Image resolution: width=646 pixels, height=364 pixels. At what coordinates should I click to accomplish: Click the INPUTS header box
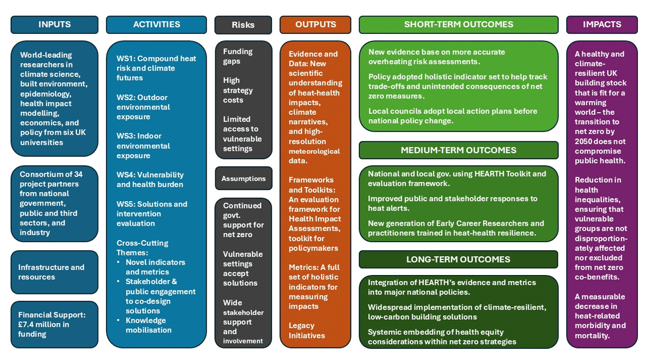pyautogui.click(x=54, y=25)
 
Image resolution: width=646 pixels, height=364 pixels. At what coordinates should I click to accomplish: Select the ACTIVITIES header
pyautogui.click(x=156, y=25)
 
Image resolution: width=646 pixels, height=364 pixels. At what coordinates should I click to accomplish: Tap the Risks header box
pyautogui.click(x=243, y=25)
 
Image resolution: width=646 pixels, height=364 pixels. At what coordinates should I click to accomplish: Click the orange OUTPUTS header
pyautogui.click(x=315, y=25)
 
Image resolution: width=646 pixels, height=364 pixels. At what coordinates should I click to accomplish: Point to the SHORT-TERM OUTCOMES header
pyautogui.click(x=459, y=25)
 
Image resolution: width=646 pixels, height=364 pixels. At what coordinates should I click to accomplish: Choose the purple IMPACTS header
pyautogui.click(x=602, y=25)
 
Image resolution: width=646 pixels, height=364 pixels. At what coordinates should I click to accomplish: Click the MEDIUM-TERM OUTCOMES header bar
pyautogui.click(x=459, y=150)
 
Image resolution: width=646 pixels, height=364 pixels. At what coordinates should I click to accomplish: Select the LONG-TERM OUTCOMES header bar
pyautogui.click(x=459, y=259)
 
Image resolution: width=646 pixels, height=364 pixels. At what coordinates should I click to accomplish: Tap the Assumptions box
pyautogui.click(x=243, y=178)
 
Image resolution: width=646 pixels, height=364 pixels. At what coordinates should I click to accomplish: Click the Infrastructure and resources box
pyautogui.click(x=54, y=272)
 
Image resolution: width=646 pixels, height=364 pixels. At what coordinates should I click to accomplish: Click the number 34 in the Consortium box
pyautogui.click(x=78, y=174)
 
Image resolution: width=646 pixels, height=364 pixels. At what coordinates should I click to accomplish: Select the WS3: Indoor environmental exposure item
pyautogui.click(x=143, y=146)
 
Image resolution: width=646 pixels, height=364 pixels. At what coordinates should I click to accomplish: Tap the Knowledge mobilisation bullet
pyautogui.click(x=148, y=325)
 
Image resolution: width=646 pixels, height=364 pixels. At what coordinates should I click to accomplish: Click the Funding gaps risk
pyautogui.click(x=237, y=56)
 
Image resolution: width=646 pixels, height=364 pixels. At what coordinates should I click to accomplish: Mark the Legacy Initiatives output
pyautogui.click(x=306, y=331)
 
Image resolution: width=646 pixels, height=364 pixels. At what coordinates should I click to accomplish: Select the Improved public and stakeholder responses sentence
pyautogui.click(x=453, y=203)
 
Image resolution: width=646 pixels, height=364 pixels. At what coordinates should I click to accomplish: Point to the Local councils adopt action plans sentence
pyautogui.click(x=453, y=116)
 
